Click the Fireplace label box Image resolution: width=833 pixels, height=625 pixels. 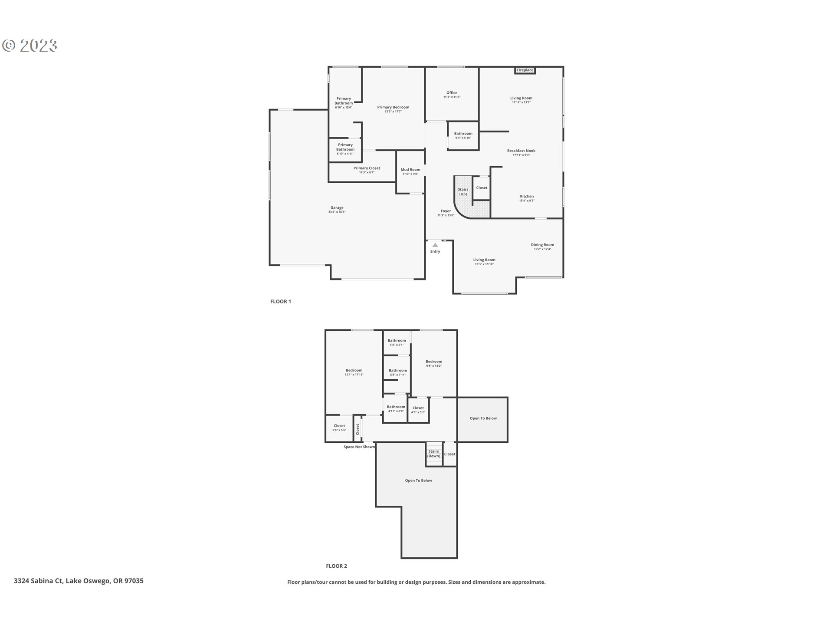(x=525, y=70)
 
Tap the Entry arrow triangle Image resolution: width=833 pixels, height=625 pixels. (x=435, y=245)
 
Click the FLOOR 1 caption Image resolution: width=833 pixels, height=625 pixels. (x=281, y=302)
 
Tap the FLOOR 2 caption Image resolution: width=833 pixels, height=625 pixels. (x=336, y=566)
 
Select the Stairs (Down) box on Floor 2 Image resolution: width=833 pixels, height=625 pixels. (x=434, y=454)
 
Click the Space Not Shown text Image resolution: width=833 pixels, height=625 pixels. (x=359, y=447)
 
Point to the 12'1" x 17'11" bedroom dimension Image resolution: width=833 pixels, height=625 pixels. (x=354, y=375)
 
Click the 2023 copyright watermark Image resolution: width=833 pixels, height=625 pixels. (x=30, y=46)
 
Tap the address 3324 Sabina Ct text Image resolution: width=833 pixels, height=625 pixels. (x=79, y=581)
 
